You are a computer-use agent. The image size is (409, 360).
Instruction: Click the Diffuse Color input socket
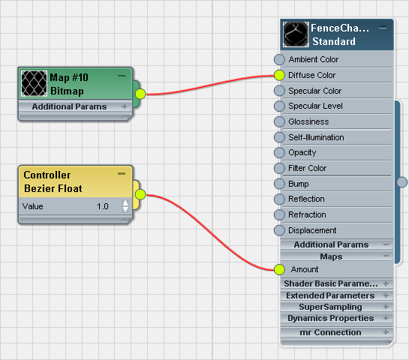coord(279,75)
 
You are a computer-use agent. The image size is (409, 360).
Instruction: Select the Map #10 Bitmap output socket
coord(140,94)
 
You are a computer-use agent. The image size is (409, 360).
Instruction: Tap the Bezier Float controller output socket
coord(140,194)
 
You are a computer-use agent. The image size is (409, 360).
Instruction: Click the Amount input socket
coord(279,269)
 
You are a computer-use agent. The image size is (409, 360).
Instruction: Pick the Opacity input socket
coord(279,153)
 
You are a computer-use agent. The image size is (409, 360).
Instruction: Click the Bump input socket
coord(279,184)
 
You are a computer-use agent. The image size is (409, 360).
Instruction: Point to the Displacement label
coord(312,230)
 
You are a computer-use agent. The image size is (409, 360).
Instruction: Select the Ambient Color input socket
coord(279,60)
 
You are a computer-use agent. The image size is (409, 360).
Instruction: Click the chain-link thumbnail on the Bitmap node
coord(34,83)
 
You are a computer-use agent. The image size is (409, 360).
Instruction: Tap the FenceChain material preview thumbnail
coord(296,34)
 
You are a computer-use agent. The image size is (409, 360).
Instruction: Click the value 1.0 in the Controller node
coord(103,206)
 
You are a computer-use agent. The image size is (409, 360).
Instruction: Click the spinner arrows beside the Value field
coord(125,206)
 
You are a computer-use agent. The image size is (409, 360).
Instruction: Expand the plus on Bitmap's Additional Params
coord(124,106)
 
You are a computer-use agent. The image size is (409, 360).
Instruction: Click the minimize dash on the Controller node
coord(122,173)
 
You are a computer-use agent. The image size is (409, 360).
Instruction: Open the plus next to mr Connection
coord(386,332)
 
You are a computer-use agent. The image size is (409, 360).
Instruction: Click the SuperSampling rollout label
coord(330,307)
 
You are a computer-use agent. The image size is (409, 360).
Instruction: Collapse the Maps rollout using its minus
coord(386,256)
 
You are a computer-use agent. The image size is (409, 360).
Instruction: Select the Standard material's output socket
coord(402,182)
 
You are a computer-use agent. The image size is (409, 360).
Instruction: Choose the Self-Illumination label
coord(316,137)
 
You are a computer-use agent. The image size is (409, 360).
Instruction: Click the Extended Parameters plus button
coord(386,295)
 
